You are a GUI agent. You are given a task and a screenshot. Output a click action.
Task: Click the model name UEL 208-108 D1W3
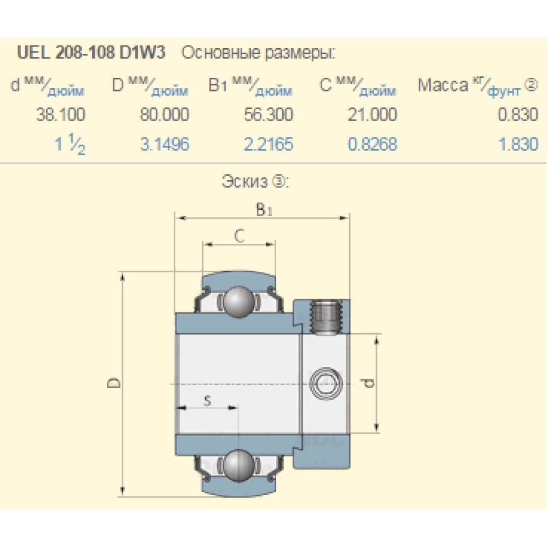pyautogui.click(x=92, y=53)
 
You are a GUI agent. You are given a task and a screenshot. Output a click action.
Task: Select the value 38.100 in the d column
pyautogui.click(x=60, y=115)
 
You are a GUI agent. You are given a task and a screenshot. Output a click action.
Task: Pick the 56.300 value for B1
pyautogui.click(x=269, y=115)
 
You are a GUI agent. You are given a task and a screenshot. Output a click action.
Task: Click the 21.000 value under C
pyautogui.click(x=372, y=115)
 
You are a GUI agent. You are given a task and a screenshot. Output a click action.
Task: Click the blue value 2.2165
pyautogui.click(x=269, y=145)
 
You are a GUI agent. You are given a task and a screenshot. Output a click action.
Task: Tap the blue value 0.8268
pyautogui.click(x=372, y=145)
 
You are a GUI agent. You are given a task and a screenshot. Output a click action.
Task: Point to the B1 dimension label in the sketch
pyautogui.click(x=264, y=209)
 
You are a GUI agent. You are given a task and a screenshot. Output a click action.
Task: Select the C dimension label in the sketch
pyautogui.click(x=239, y=236)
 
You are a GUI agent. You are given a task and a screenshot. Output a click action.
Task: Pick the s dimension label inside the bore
pyautogui.click(x=207, y=401)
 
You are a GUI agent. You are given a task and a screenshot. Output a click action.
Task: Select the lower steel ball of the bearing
pyautogui.click(x=238, y=464)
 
